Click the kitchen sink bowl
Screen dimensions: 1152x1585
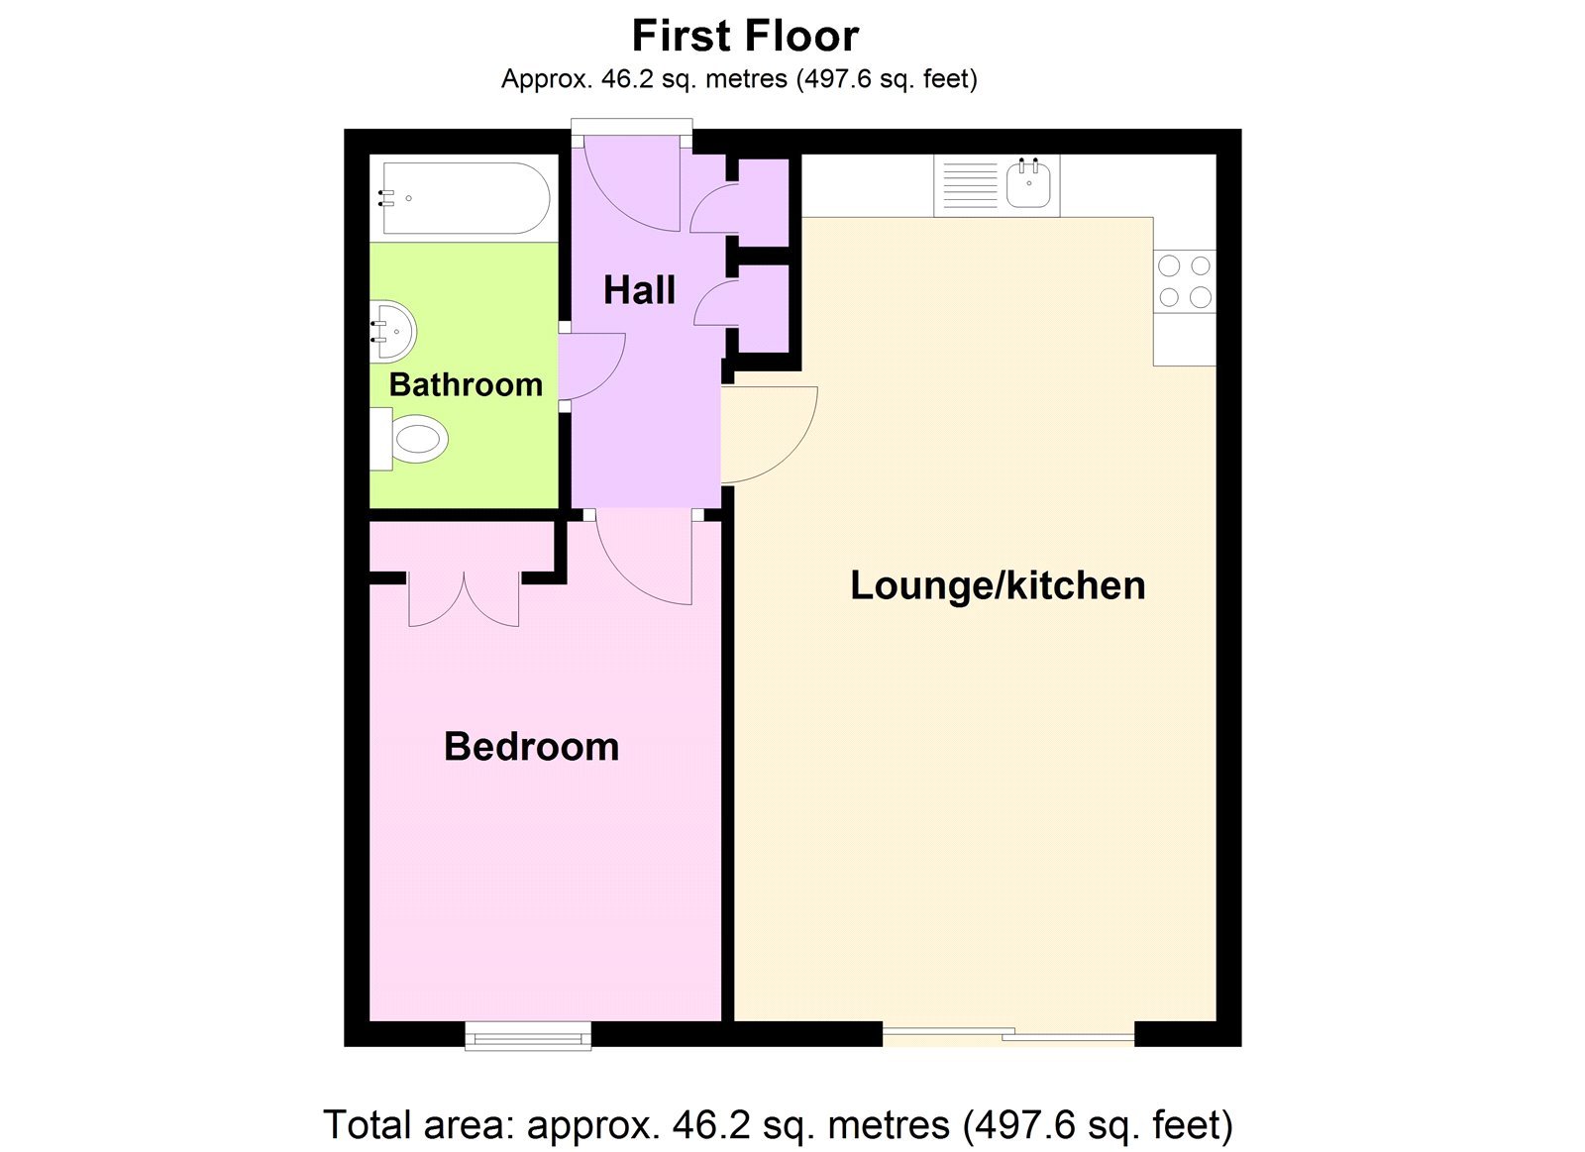1029,185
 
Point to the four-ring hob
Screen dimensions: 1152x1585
1185,281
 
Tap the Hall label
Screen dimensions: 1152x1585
639,290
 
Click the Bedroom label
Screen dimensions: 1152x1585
531,746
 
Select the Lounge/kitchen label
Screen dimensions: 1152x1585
998,585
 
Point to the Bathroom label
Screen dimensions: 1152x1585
466,384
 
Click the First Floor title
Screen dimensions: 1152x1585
745,37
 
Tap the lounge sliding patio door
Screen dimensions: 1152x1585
1008,1035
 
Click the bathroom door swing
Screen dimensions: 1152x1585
591,366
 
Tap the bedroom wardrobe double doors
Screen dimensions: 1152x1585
464,598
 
